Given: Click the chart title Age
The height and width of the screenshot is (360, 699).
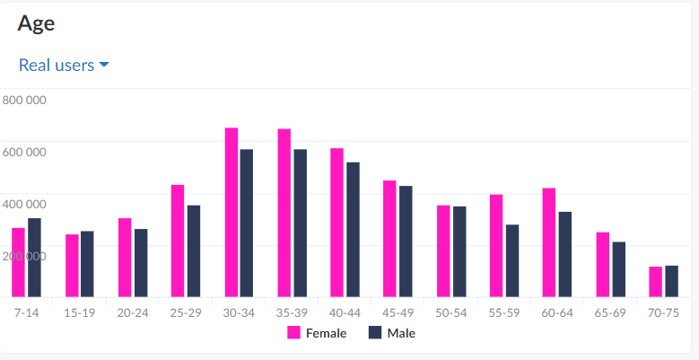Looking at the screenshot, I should point(36,24).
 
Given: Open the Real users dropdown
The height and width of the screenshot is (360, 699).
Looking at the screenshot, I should point(64,66).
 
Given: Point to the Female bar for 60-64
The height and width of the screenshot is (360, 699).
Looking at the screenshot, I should point(549,242).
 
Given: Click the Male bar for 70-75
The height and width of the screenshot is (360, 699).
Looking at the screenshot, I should point(671,281).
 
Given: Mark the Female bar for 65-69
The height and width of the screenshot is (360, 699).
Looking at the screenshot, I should point(603,264).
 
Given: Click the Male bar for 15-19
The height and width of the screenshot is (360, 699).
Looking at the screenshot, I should point(87,264).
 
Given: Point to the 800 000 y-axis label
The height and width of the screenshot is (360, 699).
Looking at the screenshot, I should point(24,101).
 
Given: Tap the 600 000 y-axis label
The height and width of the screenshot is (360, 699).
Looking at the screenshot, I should point(24,153).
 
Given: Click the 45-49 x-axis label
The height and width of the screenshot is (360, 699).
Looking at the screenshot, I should point(398,312).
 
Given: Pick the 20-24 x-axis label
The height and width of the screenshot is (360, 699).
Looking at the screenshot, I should point(133,312).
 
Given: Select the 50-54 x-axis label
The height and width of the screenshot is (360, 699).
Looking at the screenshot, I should point(451,312).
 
